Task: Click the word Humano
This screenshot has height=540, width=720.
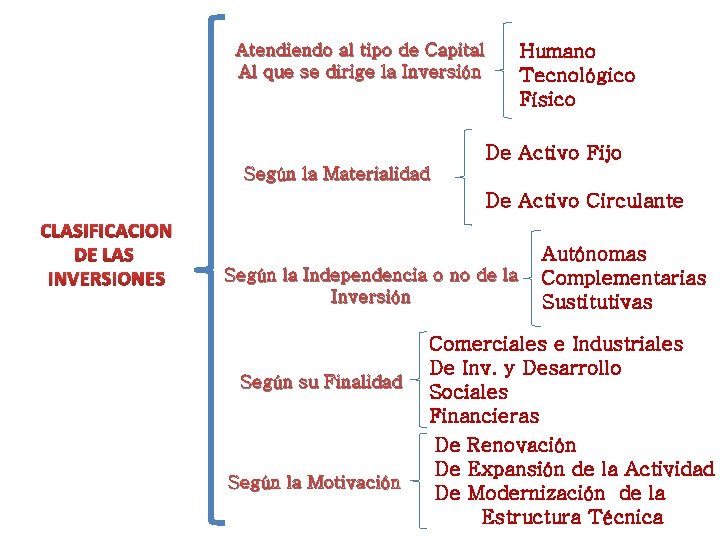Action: click(557, 51)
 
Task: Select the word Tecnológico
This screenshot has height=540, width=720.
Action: click(577, 75)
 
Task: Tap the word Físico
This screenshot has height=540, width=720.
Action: click(547, 99)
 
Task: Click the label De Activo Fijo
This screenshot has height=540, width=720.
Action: click(553, 153)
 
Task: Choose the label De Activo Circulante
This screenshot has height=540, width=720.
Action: click(584, 201)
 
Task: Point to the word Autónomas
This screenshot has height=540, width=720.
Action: click(594, 255)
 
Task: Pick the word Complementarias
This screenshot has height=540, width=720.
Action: click(624, 278)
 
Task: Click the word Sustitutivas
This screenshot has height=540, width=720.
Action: click(597, 302)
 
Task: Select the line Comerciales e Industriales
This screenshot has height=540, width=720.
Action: click(557, 345)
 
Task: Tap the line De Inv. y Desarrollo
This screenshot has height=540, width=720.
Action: click(526, 368)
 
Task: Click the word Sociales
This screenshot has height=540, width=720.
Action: click(468, 392)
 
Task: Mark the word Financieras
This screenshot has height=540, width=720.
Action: click(484, 416)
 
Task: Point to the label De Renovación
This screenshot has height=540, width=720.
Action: click(507, 444)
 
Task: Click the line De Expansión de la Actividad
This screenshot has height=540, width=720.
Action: click(575, 469)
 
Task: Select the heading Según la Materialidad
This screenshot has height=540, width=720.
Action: click(337, 174)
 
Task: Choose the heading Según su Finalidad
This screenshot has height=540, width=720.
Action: click(321, 381)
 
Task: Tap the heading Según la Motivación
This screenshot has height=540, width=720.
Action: click(314, 482)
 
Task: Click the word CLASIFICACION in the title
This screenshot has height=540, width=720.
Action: click(106, 232)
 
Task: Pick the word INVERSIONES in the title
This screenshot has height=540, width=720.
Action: click(106, 279)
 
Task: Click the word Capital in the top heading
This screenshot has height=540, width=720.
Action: click(454, 50)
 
